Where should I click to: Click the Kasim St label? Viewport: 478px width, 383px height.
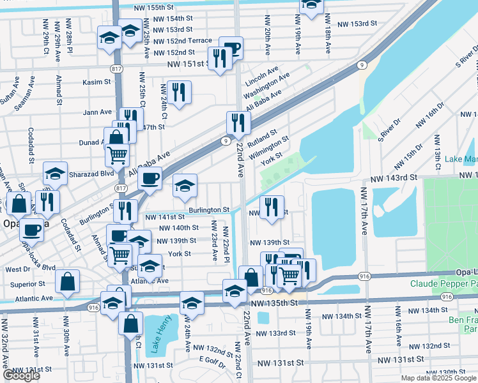[97, 82]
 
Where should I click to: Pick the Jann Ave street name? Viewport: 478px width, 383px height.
[97, 112]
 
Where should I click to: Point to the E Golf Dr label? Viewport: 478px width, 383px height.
[213, 359]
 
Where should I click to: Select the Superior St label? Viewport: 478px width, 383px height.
[23, 284]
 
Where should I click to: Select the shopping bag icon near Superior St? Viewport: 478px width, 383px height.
[67, 281]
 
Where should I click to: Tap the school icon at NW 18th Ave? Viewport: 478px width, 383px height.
[311, 5]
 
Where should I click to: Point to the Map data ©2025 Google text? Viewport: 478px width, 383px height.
[437, 378]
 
